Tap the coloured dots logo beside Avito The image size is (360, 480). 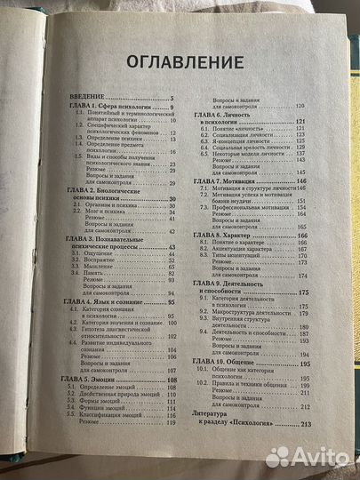(278, 456)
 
